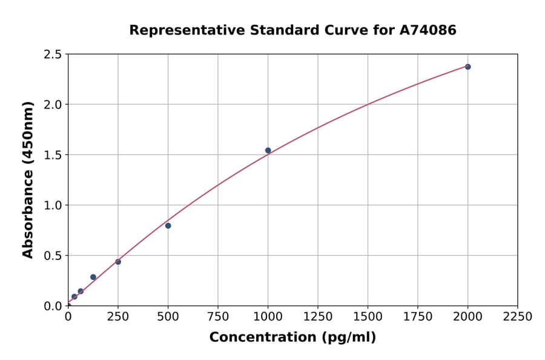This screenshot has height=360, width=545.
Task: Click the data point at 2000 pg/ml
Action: tap(467, 67)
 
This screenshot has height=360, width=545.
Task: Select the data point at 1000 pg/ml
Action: tap(268, 150)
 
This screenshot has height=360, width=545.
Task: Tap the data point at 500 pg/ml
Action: tap(168, 225)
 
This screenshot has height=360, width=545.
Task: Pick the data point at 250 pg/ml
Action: tap(118, 262)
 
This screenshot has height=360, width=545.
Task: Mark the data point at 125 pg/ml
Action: tap(93, 277)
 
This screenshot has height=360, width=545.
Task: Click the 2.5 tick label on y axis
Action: tap(53, 55)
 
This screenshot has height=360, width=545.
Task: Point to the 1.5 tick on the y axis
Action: tap(53, 155)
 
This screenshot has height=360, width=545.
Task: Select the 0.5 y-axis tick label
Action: tap(53, 256)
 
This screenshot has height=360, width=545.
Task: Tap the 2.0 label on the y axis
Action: tap(53, 105)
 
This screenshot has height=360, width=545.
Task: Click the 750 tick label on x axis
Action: tap(218, 317)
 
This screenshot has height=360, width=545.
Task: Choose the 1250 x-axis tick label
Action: tap(318, 317)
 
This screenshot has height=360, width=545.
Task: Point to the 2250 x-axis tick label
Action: tap(518, 317)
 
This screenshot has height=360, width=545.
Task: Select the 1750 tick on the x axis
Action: tap(418, 317)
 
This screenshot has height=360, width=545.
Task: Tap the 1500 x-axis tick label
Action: tap(368, 317)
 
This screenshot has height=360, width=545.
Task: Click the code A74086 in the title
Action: tap(429, 30)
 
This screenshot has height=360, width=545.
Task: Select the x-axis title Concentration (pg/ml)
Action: tap(292, 338)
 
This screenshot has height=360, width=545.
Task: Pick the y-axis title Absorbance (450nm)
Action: tap(28, 180)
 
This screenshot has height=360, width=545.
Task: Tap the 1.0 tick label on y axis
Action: tap(53, 205)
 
